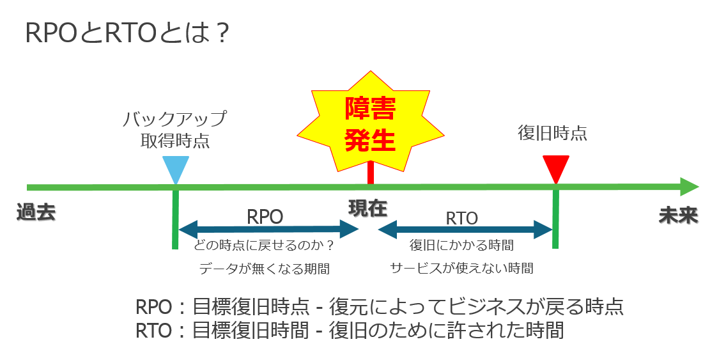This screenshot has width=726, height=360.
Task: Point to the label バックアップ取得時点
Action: (x=175, y=130)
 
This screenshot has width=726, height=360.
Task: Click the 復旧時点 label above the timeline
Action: (x=552, y=134)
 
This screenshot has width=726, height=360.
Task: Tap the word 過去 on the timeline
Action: (x=36, y=214)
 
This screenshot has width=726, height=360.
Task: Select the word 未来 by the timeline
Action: (x=678, y=215)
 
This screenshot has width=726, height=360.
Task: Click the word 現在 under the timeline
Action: (x=367, y=208)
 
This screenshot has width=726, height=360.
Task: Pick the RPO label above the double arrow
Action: (x=265, y=216)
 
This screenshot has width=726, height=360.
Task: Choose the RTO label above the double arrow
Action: (x=461, y=218)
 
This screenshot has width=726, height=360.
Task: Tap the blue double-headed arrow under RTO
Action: (x=465, y=229)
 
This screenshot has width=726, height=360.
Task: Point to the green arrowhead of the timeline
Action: (x=690, y=187)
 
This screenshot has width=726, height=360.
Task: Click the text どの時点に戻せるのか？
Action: (x=264, y=245)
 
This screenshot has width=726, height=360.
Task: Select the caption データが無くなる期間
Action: (x=265, y=269)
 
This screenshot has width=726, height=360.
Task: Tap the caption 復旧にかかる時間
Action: (x=461, y=245)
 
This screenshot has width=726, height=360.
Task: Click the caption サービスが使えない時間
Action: (x=461, y=268)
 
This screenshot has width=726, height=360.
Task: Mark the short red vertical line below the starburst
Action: (x=371, y=173)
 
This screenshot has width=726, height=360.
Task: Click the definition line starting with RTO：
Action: (x=350, y=331)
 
